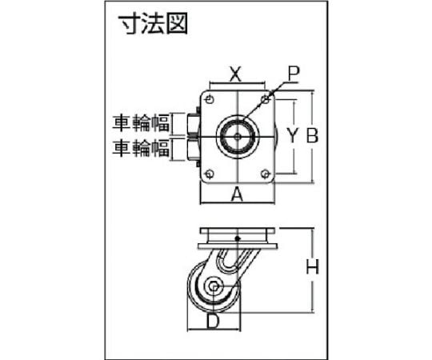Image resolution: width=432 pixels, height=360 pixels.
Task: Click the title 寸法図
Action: click(x=153, y=24)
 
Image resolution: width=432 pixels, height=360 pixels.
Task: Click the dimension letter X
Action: click(x=235, y=74)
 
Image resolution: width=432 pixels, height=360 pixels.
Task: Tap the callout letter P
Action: click(x=294, y=74)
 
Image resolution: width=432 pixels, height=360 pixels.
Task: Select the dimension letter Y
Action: click(x=292, y=136)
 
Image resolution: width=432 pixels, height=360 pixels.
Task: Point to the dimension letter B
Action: click(x=313, y=135)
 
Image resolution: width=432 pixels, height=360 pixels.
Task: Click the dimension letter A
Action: click(x=237, y=194)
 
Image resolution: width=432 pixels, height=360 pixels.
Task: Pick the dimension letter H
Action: click(x=313, y=266)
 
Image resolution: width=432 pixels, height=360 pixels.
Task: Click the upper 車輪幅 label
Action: click(x=141, y=123)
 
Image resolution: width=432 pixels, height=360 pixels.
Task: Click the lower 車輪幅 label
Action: click(x=141, y=148)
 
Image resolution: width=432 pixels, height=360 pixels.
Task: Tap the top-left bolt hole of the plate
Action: click(x=210, y=99)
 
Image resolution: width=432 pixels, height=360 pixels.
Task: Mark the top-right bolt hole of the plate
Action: click(x=266, y=98)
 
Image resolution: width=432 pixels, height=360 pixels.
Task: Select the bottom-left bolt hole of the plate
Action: click(x=210, y=174)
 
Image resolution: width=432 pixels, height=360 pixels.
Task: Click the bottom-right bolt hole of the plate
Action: click(x=266, y=174)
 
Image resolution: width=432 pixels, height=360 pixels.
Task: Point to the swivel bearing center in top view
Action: click(x=238, y=136)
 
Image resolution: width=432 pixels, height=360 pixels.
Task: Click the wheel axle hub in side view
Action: click(x=214, y=286)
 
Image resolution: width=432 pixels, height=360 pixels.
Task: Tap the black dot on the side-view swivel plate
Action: click(x=238, y=238)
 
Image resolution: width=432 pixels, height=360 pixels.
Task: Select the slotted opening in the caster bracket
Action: click(x=226, y=259)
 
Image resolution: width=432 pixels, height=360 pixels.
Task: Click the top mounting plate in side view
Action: click(x=238, y=231)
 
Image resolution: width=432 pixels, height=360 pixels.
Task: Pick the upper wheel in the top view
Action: click(x=194, y=124)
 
